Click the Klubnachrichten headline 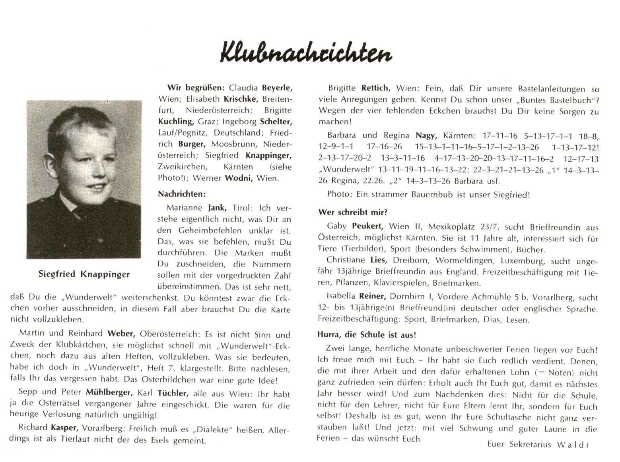[306, 52]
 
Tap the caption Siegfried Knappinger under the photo [84, 274]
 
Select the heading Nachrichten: [182, 194]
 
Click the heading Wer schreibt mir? [353, 212]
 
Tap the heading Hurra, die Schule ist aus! [366, 334]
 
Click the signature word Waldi [572, 445]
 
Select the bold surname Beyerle [277, 88]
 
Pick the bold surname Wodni [239, 178]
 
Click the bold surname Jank [217, 207]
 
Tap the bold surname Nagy [426, 136]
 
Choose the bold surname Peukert [367, 226]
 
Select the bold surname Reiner [372, 296]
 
